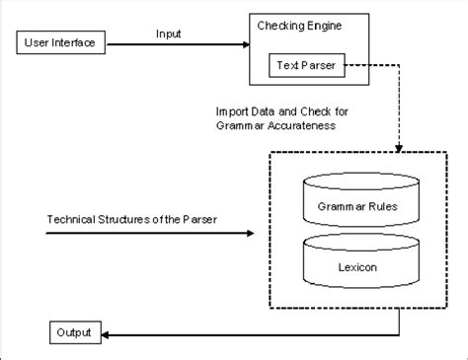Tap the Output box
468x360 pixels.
[73, 332]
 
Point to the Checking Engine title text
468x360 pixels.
[300, 26]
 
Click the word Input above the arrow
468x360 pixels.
[170, 33]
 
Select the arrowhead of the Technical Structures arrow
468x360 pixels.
[249, 234]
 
